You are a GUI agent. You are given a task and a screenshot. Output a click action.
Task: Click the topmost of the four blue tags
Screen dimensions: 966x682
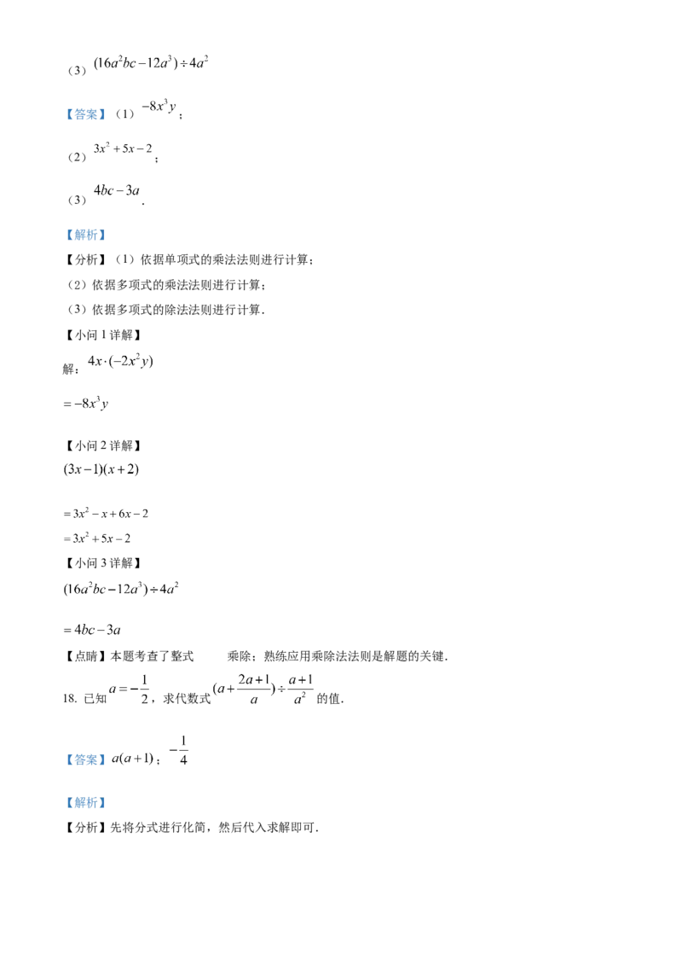(x=85, y=113)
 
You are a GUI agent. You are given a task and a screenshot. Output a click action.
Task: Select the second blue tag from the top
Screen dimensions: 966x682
(x=85, y=236)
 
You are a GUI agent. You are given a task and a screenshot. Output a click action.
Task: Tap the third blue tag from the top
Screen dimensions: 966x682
(x=85, y=760)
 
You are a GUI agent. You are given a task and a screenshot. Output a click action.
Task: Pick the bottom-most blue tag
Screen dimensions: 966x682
(x=85, y=803)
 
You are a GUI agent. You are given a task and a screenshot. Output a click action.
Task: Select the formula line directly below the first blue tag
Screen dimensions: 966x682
(x=124, y=150)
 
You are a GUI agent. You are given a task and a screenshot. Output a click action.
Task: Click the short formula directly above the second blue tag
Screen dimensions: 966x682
(x=118, y=190)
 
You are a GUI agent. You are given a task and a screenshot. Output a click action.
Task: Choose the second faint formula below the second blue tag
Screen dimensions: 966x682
(x=85, y=405)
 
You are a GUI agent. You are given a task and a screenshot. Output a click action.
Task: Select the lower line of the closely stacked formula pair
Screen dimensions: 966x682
(x=99, y=538)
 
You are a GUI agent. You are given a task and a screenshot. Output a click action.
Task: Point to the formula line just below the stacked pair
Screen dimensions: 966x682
(x=123, y=588)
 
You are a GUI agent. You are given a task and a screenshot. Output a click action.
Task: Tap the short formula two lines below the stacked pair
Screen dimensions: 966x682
(x=91, y=630)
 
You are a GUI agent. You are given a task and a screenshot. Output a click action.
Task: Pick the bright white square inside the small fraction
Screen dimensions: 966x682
(x=140, y=679)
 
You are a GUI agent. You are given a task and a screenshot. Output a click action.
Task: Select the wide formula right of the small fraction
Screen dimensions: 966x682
(x=263, y=690)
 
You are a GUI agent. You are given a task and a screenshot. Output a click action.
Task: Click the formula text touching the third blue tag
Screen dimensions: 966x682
(x=135, y=760)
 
